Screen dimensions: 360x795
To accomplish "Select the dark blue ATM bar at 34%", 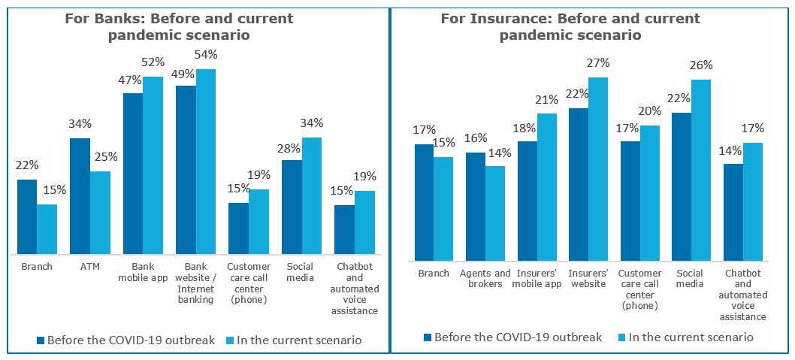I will click(x=80, y=196).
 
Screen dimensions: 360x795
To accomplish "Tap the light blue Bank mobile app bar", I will click(x=153, y=165).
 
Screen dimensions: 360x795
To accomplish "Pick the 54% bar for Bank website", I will click(x=205, y=162).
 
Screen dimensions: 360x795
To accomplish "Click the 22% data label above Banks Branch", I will click(x=27, y=165).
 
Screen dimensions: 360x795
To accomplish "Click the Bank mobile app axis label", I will click(x=143, y=272).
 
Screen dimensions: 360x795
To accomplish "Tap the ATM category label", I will click(x=89, y=267).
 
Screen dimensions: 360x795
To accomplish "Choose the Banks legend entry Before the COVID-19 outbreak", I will click(x=126, y=340).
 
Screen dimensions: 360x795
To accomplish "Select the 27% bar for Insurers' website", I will click(x=597, y=169).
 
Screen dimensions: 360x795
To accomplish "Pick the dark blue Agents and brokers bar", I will click(x=476, y=207).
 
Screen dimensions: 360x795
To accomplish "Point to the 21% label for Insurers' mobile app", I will click(x=546, y=99).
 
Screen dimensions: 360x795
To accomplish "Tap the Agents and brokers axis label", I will click(x=485, y=278).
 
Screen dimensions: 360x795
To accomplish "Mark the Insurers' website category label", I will click(x=588, y=278).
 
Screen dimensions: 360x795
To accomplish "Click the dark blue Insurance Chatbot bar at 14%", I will click(x=733, y=212).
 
